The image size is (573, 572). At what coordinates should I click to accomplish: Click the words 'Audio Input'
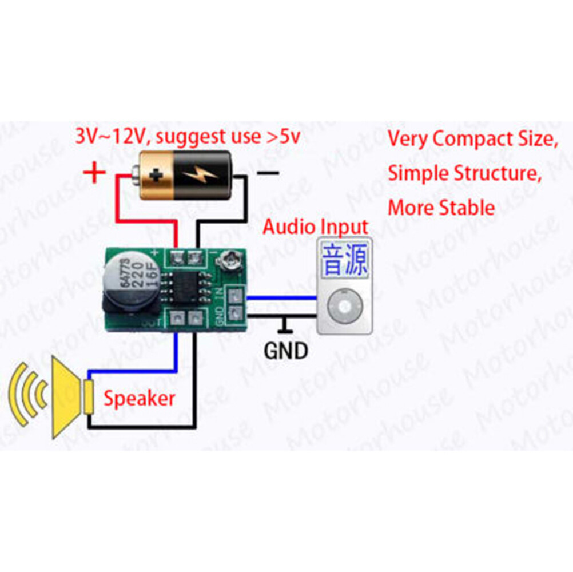click(316, 227)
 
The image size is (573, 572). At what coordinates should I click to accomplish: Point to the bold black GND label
click(286, 350)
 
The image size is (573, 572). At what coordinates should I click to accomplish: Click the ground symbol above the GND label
click(285, 327)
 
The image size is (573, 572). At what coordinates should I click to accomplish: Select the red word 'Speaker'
click(139, 398)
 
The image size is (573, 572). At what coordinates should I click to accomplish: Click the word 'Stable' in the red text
click(466, 207)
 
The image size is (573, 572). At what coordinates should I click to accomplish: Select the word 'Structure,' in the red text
click(498, 173)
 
